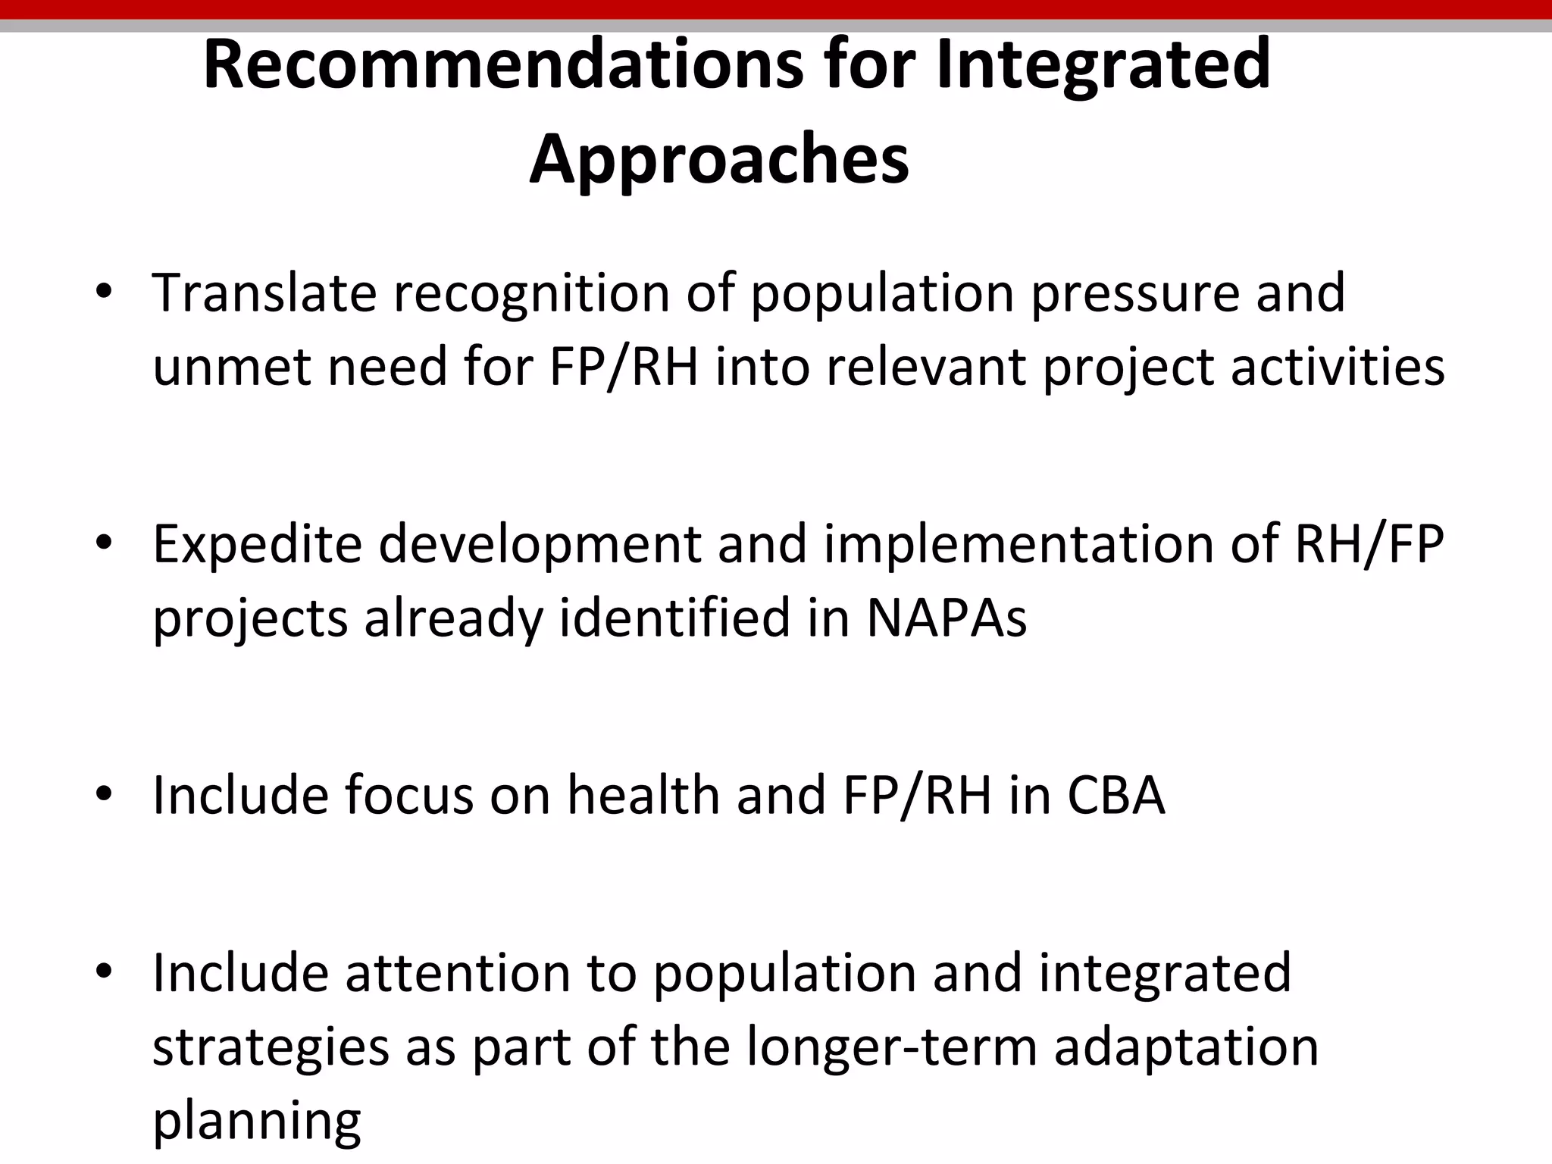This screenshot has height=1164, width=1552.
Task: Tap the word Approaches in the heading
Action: (719, 158)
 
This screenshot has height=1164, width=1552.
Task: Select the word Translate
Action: (264, 293)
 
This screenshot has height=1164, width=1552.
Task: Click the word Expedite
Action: (258, 546)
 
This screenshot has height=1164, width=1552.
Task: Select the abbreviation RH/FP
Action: (1369, 544)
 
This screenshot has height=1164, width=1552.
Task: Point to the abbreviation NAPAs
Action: (947, 618)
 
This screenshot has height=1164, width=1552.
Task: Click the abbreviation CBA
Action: (1116, 796)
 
